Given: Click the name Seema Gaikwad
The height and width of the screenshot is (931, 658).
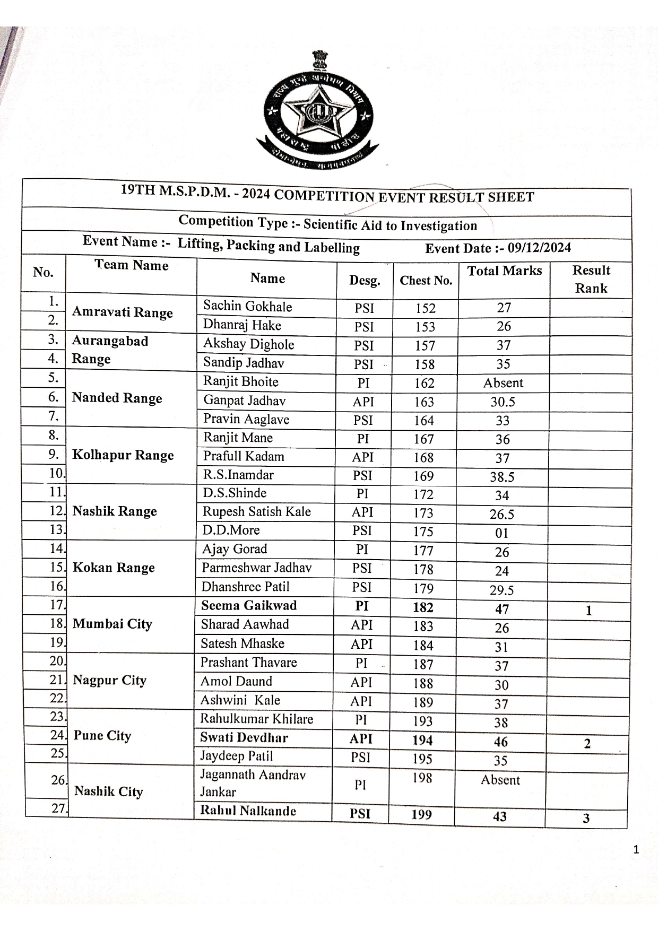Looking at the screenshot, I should [248, 606].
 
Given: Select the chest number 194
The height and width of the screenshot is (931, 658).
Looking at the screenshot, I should [422, 740].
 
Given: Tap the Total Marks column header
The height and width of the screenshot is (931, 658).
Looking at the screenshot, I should [504, 271].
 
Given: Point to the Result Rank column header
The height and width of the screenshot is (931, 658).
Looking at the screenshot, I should [591, 279].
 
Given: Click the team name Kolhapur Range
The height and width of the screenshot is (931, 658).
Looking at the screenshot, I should [123, 455].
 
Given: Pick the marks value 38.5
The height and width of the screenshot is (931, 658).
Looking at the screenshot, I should [502, 477].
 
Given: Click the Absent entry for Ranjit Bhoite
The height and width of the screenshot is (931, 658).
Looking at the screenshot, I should [503, 383].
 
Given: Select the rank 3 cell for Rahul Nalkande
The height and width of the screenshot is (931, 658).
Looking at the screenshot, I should [586, 818].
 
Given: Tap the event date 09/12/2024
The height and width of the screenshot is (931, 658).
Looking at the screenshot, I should [539, 248].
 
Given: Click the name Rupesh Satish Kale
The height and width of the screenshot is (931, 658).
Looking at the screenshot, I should [256, 512].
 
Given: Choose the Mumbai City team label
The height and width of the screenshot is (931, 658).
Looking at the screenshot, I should [112, 624].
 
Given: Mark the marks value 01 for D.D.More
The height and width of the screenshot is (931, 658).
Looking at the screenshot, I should [501, 533].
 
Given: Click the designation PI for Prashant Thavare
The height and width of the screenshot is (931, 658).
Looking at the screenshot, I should [361, 663].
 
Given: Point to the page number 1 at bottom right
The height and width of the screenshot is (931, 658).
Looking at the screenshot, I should [636, 850].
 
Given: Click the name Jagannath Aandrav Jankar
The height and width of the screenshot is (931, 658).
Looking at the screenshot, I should [253, 783].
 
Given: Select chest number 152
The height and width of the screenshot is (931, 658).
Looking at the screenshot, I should [426, 308].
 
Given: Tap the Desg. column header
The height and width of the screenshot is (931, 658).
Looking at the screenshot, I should [365, 281].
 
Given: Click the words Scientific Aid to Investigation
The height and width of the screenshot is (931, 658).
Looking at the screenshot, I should [390, 225].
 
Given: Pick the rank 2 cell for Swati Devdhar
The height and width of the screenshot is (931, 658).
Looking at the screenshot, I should [587, 744].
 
